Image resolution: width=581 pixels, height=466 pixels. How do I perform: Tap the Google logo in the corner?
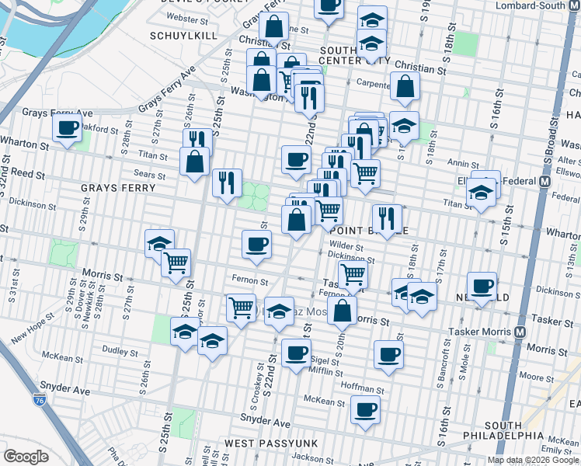tap(26, 457)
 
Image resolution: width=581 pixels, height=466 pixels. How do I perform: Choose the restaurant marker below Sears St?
tap(227, 183)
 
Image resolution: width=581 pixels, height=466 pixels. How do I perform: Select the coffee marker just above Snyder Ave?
tap(365, 409)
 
